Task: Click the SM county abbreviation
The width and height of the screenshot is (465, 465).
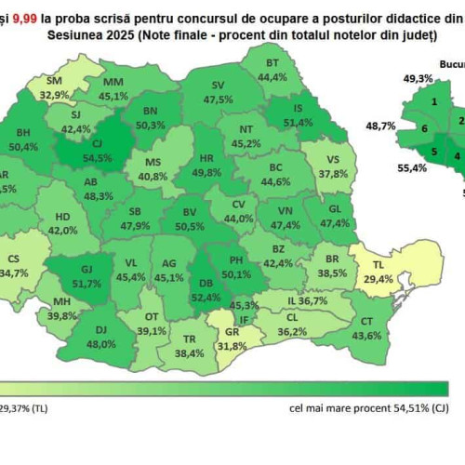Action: point(53,80)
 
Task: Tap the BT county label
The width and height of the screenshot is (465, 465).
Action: point(272,62)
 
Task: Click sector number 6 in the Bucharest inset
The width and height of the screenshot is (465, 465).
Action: point(424,128)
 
